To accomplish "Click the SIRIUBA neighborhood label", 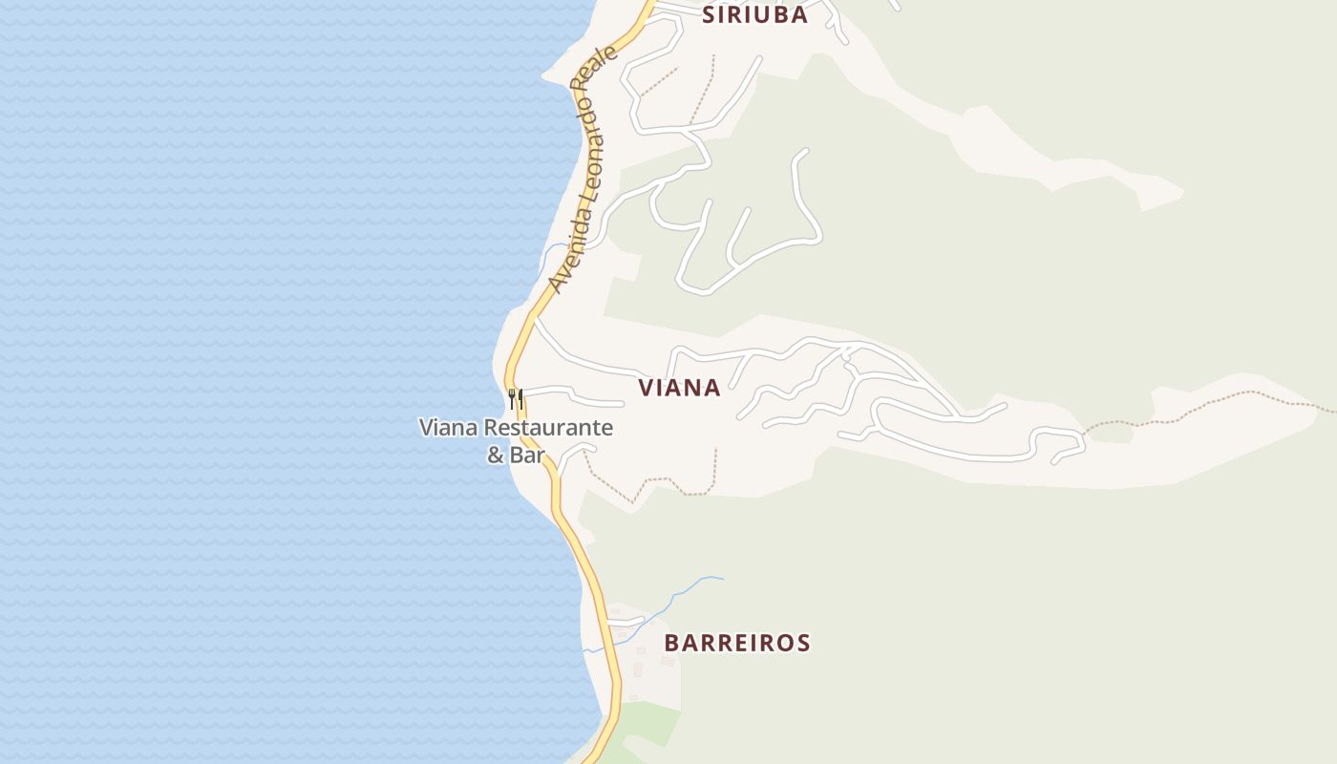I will click(x=754, y=14).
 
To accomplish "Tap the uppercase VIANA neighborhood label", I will click(x=679, y=388).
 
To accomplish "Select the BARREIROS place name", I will click(x=736, y=643).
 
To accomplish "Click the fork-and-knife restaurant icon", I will click(x=516, y=397).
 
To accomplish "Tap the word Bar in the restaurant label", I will click(x=526, y=455).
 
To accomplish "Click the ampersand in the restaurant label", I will click(x=496, y=455).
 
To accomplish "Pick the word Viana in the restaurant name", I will click(x=449, y=428).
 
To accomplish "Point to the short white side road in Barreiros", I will click(x=626, y=622).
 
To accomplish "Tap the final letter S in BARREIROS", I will click(x=802, y=643).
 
